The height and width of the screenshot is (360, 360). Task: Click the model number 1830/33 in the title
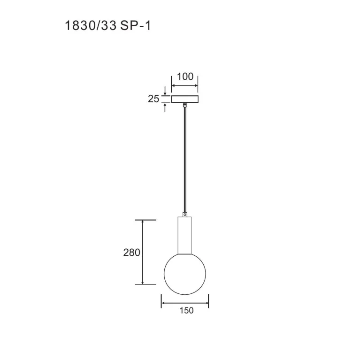click(x=91, y=25)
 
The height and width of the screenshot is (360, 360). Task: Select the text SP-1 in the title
click(x=136, y=25)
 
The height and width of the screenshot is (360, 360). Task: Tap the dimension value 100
click(x=185, y=77)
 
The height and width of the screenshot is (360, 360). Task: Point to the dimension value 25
click(x=153, y=99)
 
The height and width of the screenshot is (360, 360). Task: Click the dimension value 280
click(x=131, y=253)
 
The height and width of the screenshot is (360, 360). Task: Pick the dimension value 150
click(x=186, y=311)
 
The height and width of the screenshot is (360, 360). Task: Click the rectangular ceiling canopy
click(x=185, y=99)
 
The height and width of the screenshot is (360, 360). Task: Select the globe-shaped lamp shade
click(x=185, y=274)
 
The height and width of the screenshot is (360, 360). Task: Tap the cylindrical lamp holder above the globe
click(x=184, y=235)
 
